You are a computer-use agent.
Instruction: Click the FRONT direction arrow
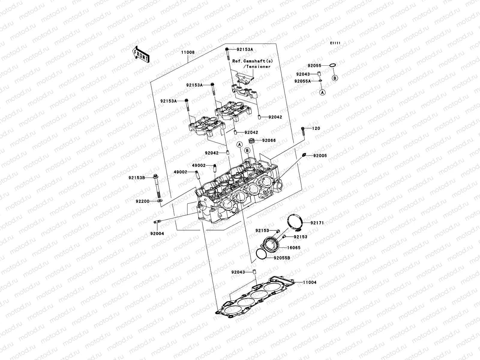(141, 54)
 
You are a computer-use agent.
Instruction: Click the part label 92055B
(282, 258)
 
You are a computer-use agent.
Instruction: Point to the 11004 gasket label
(309, 282)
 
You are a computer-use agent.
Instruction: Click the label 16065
(294, 248)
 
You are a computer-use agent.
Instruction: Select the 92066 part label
(269, 140)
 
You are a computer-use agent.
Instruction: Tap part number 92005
(320, 156)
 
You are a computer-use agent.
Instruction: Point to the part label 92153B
(137, 178)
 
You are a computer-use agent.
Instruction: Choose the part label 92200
(142, 201)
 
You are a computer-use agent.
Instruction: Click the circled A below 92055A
(322, 93)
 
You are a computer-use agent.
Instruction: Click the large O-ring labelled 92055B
(261, 253)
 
